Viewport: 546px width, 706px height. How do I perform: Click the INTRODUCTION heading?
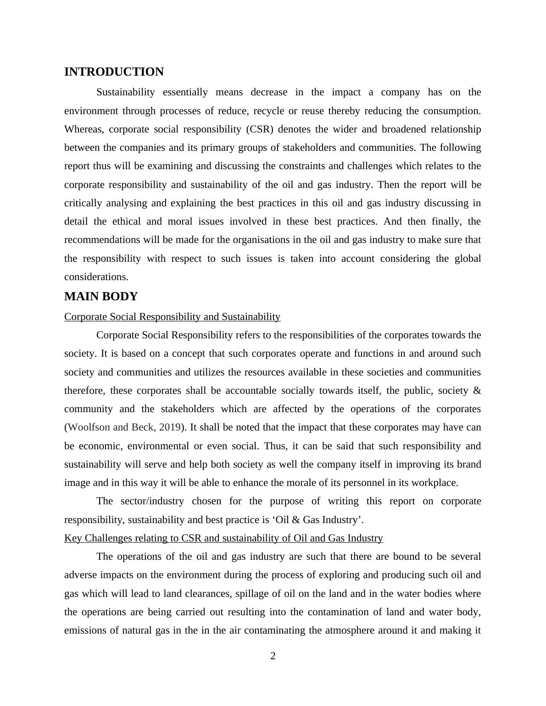point(114,72)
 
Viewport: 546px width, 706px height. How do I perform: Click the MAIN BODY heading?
point(101,297)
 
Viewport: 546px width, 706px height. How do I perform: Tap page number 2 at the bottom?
point(273,656)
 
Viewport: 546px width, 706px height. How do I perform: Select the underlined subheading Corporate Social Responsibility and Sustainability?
point(172,317)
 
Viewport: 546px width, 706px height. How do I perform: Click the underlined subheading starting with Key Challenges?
point(223,538)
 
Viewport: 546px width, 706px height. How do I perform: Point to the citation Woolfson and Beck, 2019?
point(124,427)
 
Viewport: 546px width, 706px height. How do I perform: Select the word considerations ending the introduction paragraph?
point(96,277)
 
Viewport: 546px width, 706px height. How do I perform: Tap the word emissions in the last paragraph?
point(84,630)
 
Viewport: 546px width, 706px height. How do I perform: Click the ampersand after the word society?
point(477,391)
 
